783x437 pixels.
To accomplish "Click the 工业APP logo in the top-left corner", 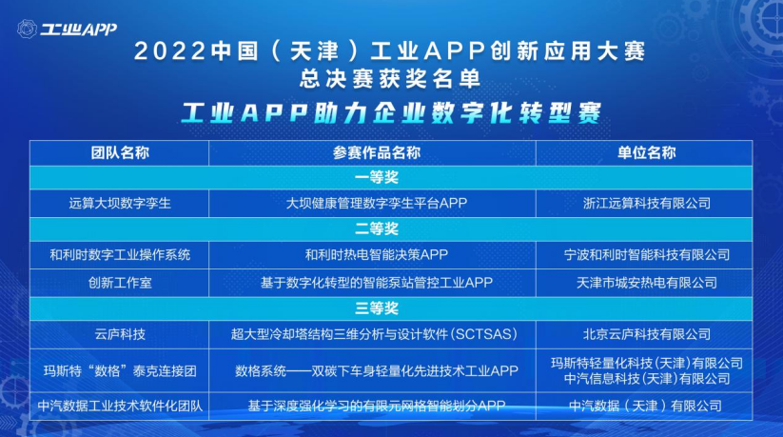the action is pos(67,29).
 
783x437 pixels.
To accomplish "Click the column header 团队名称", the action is pos(120,153).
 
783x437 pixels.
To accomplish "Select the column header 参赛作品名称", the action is pos(377,153).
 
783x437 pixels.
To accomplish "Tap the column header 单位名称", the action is pos(647,153).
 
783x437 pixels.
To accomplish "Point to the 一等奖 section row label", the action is pos(377,177).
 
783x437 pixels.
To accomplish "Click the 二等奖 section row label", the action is pos(377,229).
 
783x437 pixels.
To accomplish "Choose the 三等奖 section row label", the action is pos(377,308).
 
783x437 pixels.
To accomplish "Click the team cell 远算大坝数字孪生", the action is pos(120,204).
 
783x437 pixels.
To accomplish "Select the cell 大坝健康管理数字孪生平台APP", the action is pos(377,204).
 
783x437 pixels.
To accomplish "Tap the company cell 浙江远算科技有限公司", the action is pos(647,204).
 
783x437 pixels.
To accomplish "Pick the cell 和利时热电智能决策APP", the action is pos(377,255).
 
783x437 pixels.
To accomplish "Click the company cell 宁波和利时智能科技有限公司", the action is pos(647,255).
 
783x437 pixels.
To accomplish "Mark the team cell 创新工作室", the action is pos(120,283).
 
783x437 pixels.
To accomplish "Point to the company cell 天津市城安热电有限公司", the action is pos(647,283).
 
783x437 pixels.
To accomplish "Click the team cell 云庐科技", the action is pos(120,334).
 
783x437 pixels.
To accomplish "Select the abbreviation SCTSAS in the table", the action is pos(484,334).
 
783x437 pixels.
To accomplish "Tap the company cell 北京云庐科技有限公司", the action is pos(647,334).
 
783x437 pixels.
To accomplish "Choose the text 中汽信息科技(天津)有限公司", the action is pos(647,379).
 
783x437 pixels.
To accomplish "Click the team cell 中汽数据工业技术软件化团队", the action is pos(120,406).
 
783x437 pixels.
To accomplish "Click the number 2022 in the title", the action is pos(169,51).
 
